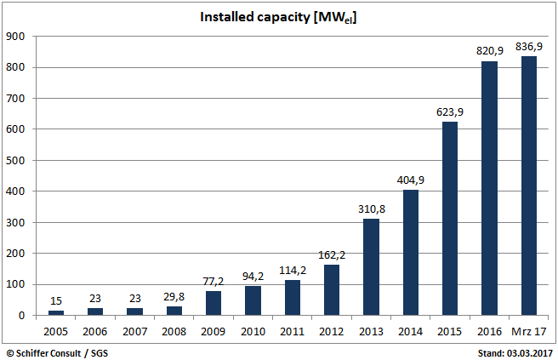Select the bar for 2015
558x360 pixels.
coord(450,219)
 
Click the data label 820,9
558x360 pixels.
coord(489,51)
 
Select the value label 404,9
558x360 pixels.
coord(411,180)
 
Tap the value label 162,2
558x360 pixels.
coord(332,254)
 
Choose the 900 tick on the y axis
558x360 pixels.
coord(16,37)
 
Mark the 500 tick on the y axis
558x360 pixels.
coord(16,161)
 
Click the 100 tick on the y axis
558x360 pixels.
coord(16,284)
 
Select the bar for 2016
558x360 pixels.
coord(489,188)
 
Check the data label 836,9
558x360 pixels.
coord(528,46)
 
